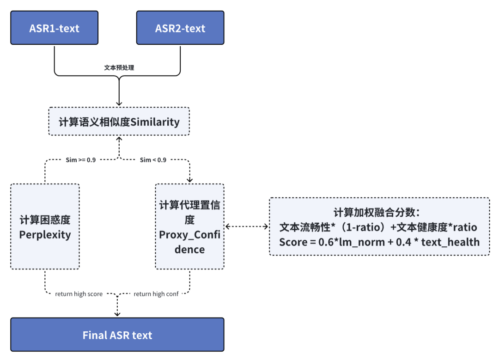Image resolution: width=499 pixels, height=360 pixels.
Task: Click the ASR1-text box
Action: coord(54,28)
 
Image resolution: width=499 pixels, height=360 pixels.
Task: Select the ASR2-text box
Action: coord(180,28)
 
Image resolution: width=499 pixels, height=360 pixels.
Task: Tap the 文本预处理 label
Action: coord(119,67)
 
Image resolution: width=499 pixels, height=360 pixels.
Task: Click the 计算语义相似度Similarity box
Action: coord(119,122)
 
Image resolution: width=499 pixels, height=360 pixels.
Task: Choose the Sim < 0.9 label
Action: coord(153,160)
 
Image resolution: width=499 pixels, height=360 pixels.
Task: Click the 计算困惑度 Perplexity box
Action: coord(45,226)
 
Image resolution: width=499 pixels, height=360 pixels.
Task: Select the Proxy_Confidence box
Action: coord(189,226)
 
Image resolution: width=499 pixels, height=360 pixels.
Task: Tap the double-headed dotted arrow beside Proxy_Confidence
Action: coord(247,226)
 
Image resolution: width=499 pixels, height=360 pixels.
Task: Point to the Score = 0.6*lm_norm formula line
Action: coord(379,242)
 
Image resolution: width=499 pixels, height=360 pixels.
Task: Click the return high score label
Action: coord(79,294)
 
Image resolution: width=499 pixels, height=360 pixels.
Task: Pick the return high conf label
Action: coord(156,294)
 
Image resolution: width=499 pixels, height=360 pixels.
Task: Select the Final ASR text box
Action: coord(117,335)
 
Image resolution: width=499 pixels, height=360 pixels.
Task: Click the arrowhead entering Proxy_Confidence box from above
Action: coord(189,180)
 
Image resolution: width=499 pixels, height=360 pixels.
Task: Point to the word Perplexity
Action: coord(45,235)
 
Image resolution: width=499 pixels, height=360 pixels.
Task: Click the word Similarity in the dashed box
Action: coord(155,122)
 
